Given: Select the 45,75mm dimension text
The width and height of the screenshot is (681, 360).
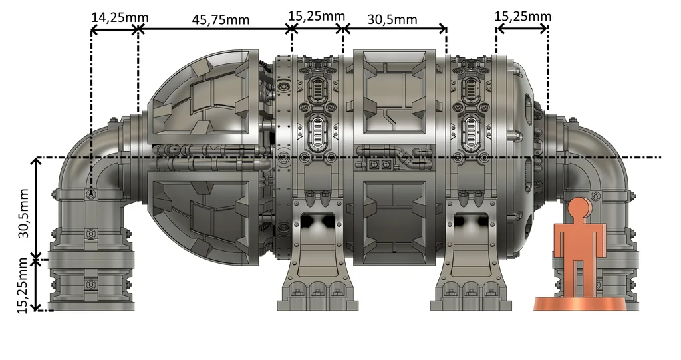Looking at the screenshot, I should coord(221,19).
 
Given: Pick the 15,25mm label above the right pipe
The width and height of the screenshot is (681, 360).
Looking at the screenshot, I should coord(523,15).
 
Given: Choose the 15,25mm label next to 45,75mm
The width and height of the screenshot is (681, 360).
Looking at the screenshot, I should coord(317,15).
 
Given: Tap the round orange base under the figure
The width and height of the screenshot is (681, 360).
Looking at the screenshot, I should coord(579,303).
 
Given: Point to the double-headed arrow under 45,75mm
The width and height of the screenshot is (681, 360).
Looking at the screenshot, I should coord(214,29).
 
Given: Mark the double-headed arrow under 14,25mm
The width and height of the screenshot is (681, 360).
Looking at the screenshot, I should coord(114,29).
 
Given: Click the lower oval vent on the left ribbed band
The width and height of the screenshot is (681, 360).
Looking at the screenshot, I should coord(318,131).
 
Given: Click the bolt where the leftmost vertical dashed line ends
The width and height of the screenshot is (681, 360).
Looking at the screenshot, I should coord(91,194).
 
